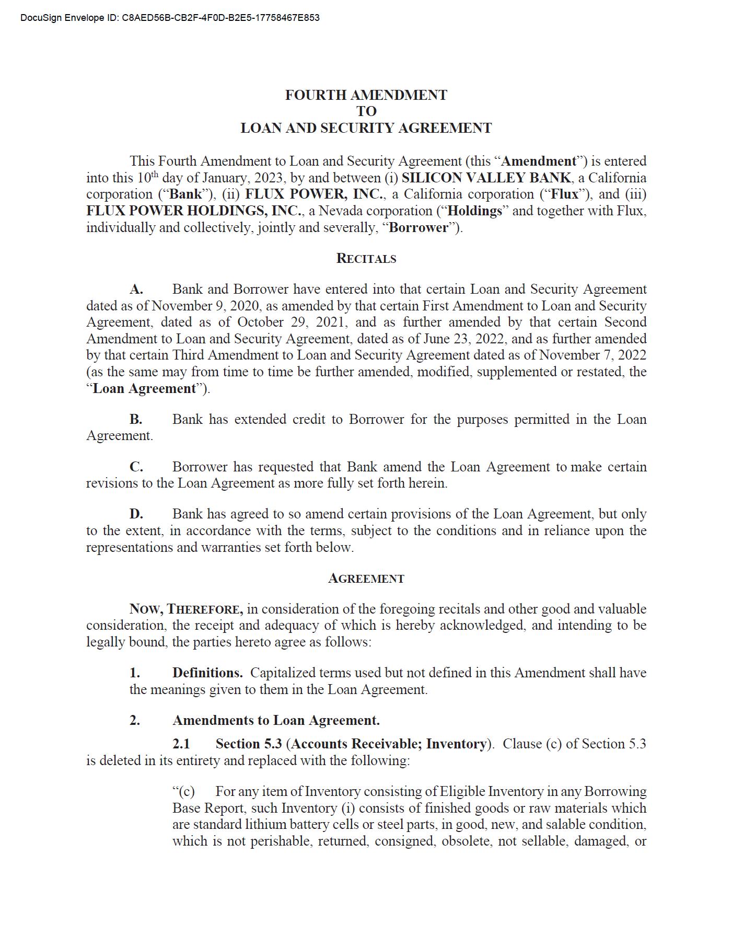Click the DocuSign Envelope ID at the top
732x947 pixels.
pyautogui.click(x=170, y=18)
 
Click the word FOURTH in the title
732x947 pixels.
pyautogui.click(x=316, y=95)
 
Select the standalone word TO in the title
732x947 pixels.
pyautogui.click(x=366, y=111)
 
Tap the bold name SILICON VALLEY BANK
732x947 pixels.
pyautogui.click(x=486, y=178)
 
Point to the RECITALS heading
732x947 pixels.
pyautogui.click(x=366, y=258)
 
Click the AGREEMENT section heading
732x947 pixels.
pyautogui.click(x=366, y=579)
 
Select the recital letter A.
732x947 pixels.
pyautogui.click(x=136, y=290)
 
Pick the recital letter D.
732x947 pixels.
pyautogui.click(x=136, y=514)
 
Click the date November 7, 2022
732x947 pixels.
pyautogui.click(x=592, y=355)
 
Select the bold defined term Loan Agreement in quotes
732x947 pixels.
pyautogui.click(x=144, y=388)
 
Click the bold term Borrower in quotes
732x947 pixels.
pyautogui.click(x=419, y=228)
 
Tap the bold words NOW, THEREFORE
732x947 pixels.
pyautogui.click(x=186, y=609)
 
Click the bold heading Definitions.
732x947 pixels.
pyautogui.click(x=207, y=673)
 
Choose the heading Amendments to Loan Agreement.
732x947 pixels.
pyautogui.click(x=276, y=720)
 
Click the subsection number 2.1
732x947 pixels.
pyautogui.click(x=181, y=744)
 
